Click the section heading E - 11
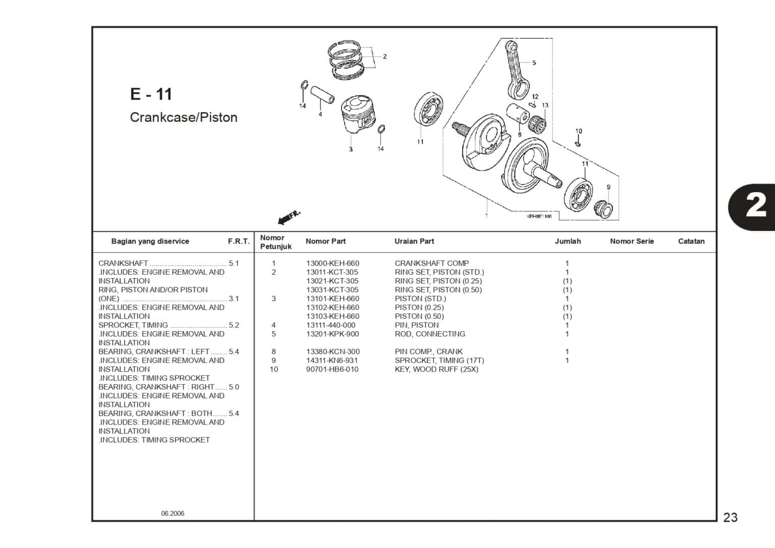[x=151, y=94]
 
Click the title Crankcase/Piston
[x=183, y=117]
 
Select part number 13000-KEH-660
[x=333, y=263]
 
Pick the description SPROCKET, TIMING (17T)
[x=439, y=360]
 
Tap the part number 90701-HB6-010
[x=332, y=370]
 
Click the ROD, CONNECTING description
[x=429, y=334]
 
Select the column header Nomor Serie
[x=632, y=241]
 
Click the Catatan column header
[x=691, y=241]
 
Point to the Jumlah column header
[x=568, y=241]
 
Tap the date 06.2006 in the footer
[x=173, y=514]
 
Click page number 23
[x=730, y=517]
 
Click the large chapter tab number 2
[x=755, y=207]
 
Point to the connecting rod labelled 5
[x=517, y=71]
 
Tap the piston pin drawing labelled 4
[x=322, y=95]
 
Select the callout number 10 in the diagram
[x=579, y=131]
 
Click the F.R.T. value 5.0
[x=234, y=387]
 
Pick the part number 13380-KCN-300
[x=333, y=352]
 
